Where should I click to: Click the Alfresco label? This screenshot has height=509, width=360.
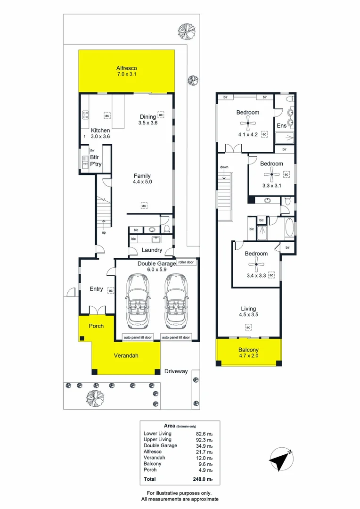coord(126,68)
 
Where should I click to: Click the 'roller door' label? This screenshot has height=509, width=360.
coord(186,263)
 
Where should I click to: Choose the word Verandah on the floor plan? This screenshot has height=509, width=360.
coord(126,356)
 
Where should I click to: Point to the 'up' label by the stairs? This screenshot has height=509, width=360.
coord(104,233)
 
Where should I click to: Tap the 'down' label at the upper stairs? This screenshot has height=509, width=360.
coord(224,167)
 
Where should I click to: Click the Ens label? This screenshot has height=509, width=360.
coord(281,126)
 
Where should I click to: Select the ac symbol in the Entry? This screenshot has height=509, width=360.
coord(111,291)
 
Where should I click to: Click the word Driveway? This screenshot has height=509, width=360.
coord(176,371)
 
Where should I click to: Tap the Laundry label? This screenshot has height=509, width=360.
coord(152,250)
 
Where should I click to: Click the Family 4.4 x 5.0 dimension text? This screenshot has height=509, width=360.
coord(142,181)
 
